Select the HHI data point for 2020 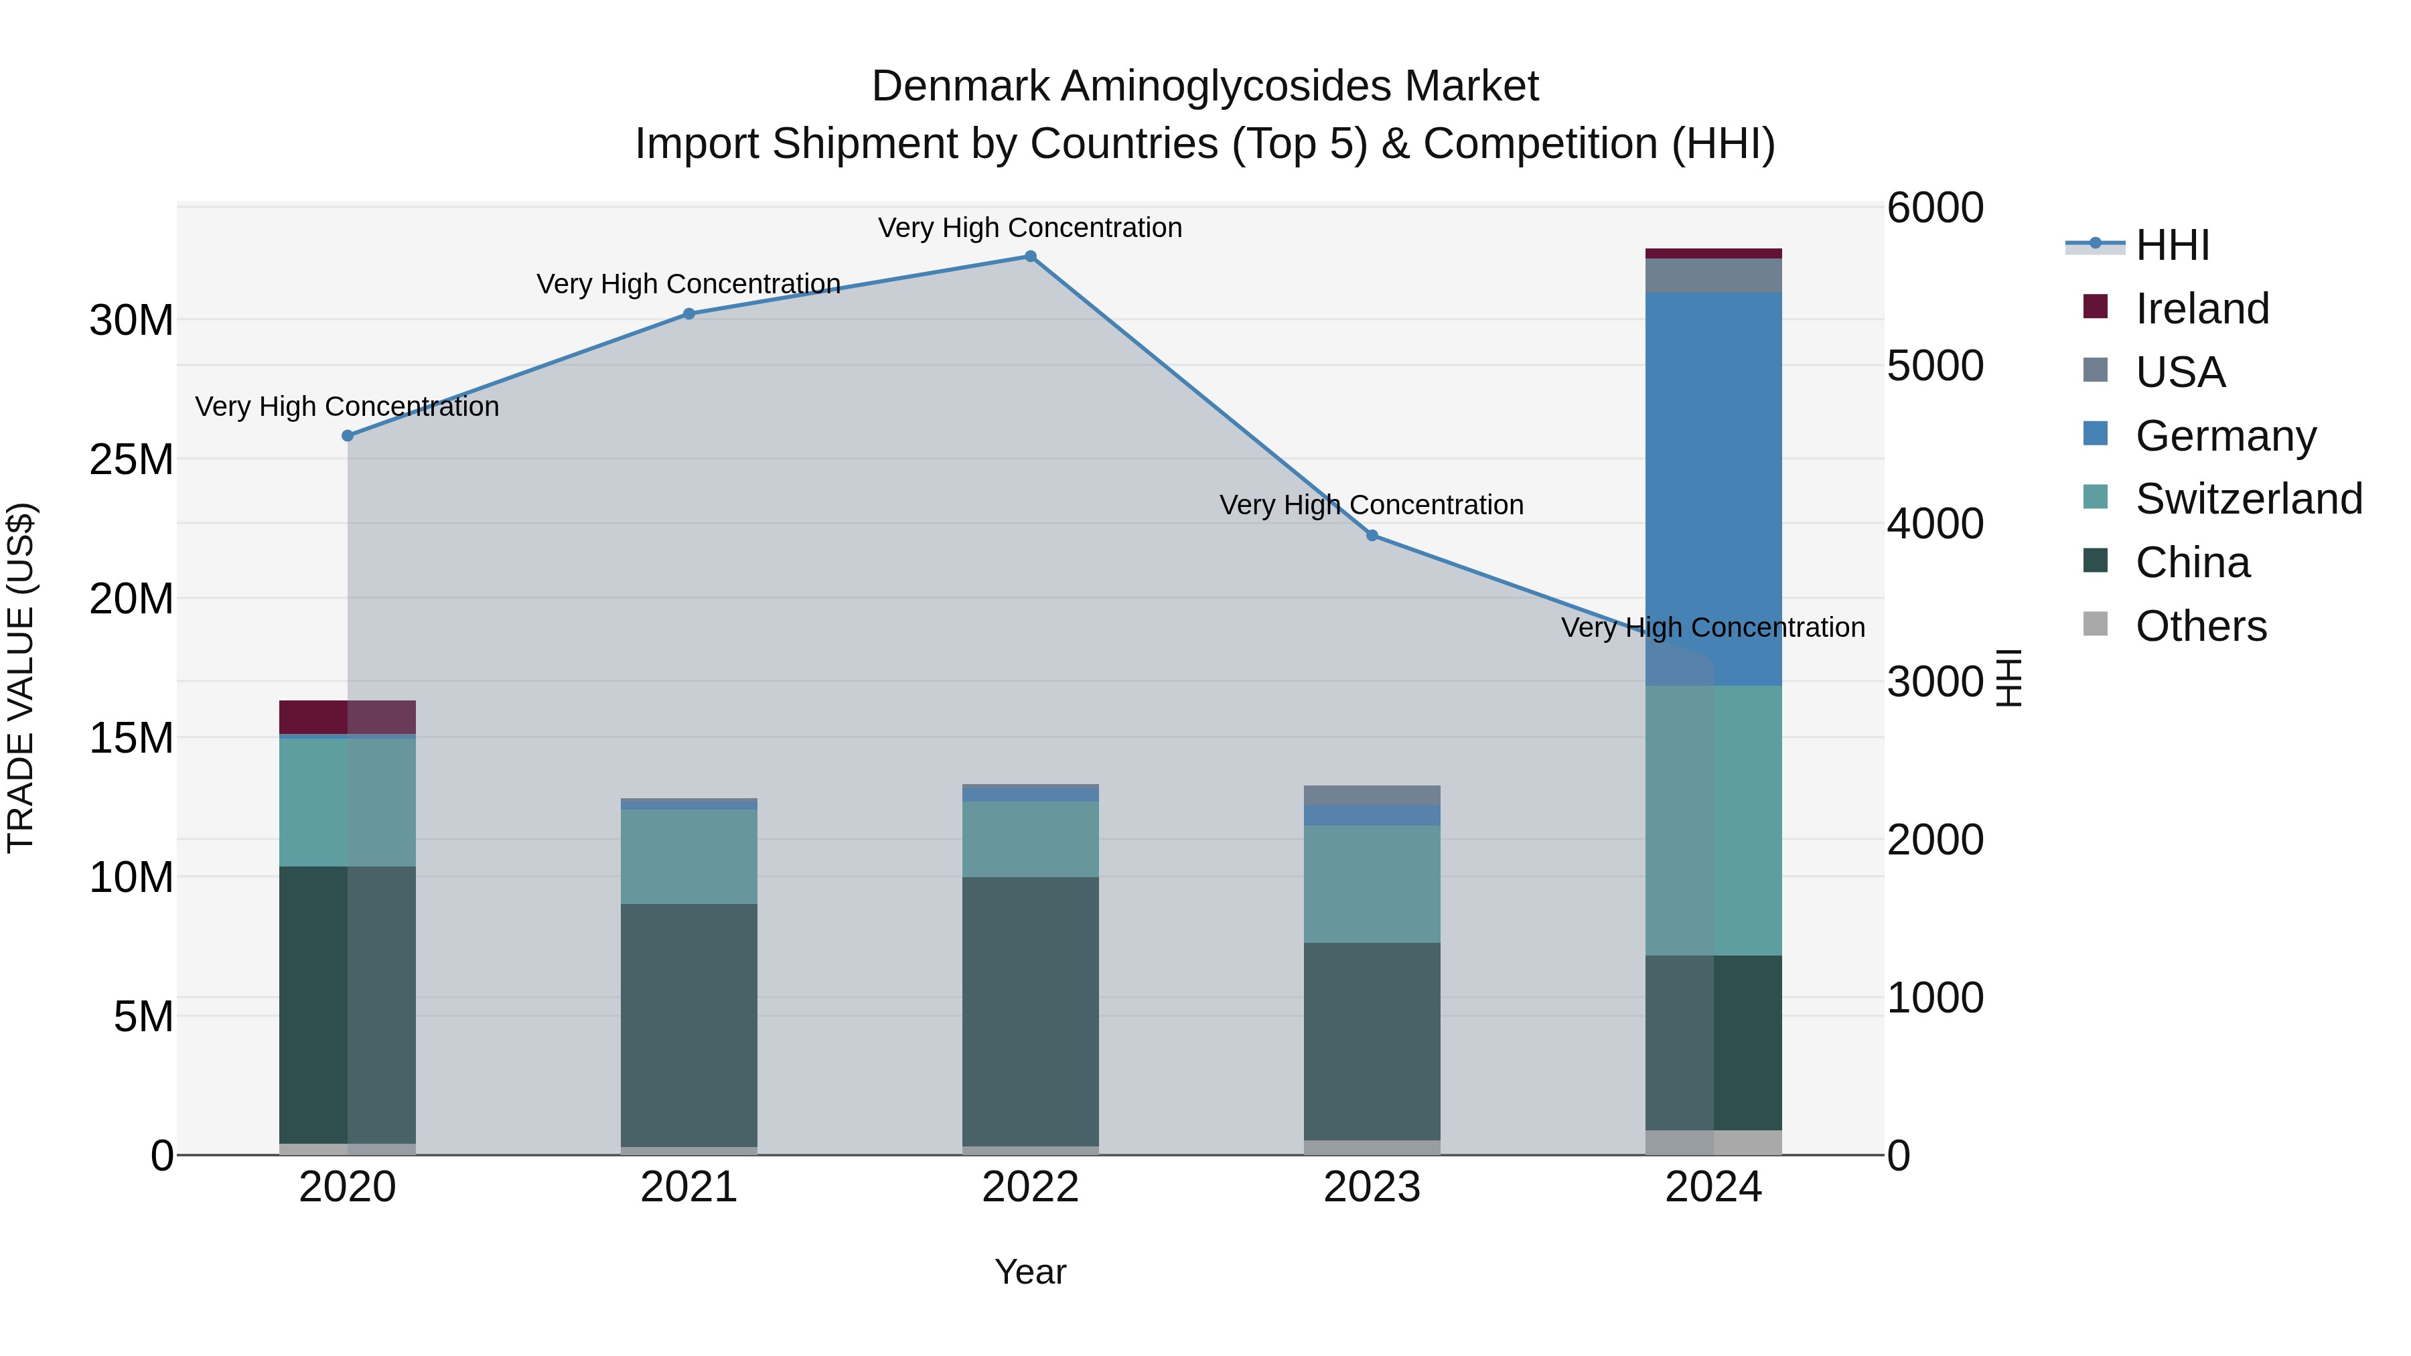click(347, 436)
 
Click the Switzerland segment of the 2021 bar click(689, 856)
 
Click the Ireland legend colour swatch click(2095, 307)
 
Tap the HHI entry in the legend click(2171, 245)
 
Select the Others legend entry click(2199, 626)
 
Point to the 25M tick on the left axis click(131, 459)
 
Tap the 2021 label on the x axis click(689, 1187)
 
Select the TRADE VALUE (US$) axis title click(21, 678)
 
